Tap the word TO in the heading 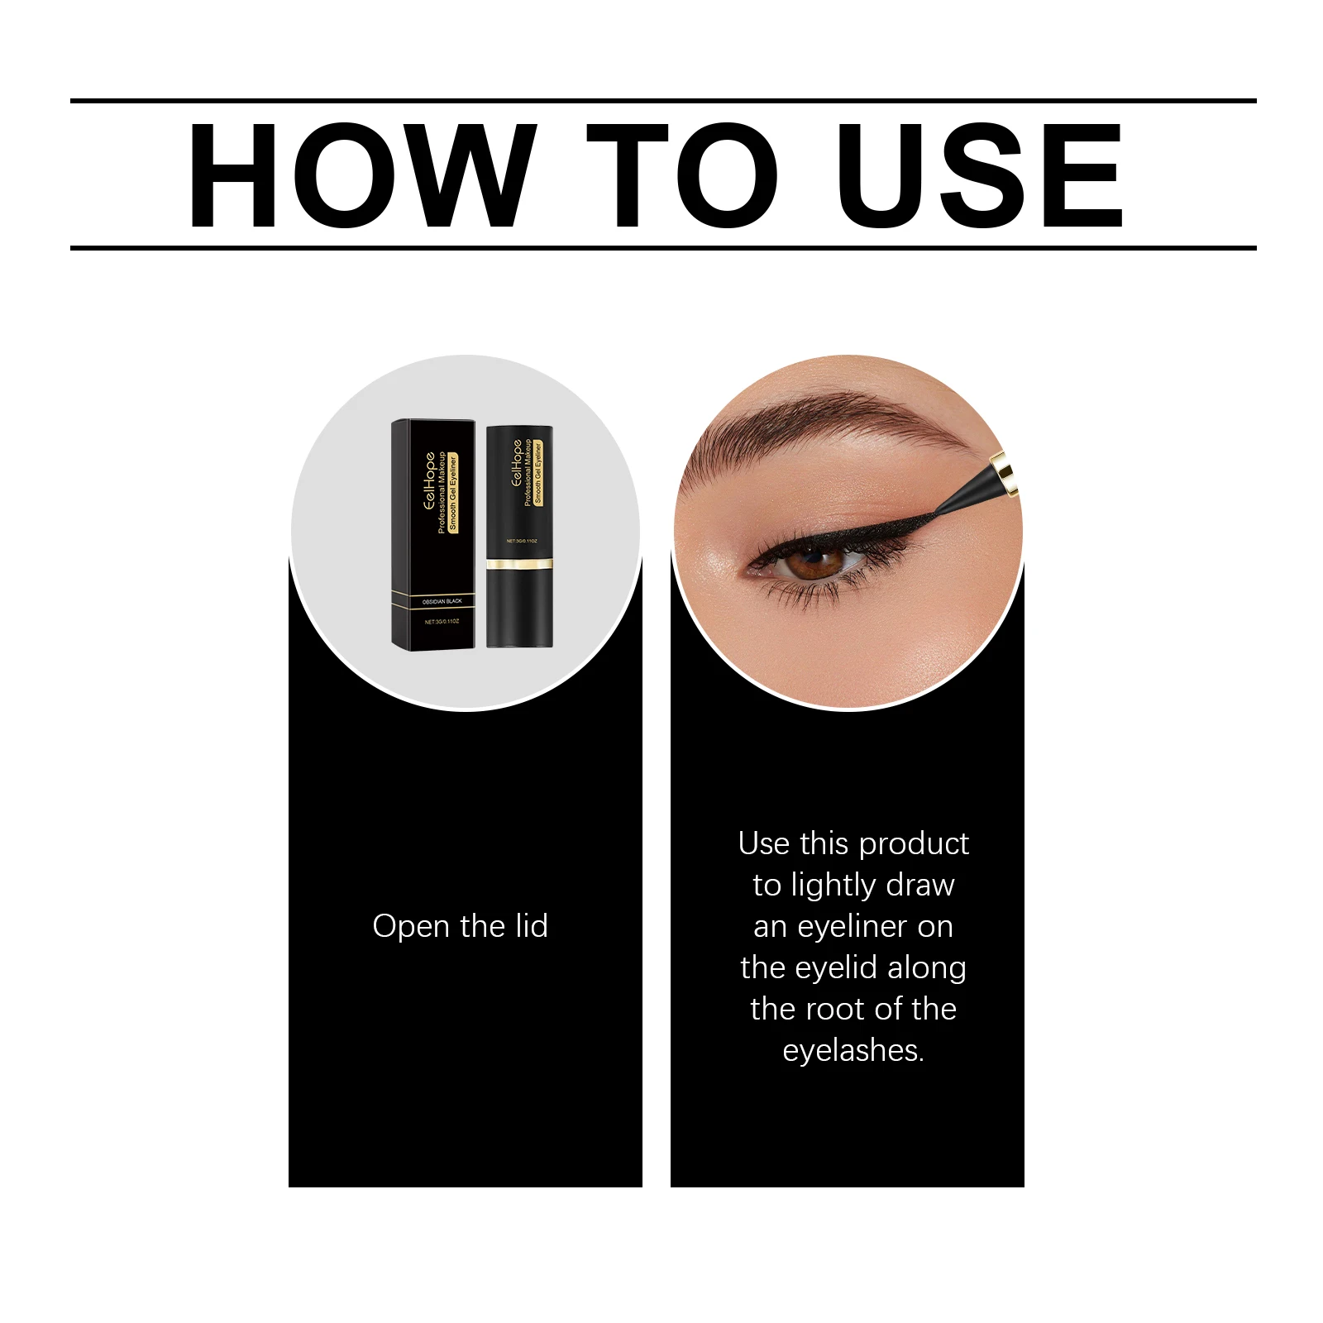(682, 175)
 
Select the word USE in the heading (980, 175)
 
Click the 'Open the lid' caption (460, 926)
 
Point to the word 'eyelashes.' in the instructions (853, 1050)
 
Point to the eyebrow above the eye (835, 422)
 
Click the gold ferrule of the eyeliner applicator (1004, 472)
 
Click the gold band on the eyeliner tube (519, 564)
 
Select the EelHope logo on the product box (429, 480)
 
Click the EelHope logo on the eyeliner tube (517, 462)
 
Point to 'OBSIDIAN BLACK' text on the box (442, 601)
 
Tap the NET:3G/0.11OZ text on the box (442, 621)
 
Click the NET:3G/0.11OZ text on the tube (522, 541)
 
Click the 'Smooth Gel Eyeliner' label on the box (453, 493)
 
